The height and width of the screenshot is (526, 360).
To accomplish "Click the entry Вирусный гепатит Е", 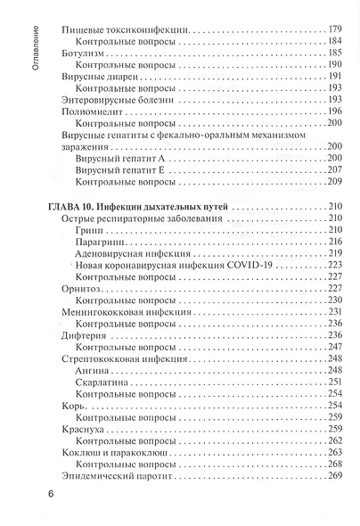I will (x=119, y=168).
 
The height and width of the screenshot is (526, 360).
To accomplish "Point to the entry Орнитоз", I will (x=84, y=288).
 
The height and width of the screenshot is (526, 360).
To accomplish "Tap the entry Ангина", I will (x=94, y=368).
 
